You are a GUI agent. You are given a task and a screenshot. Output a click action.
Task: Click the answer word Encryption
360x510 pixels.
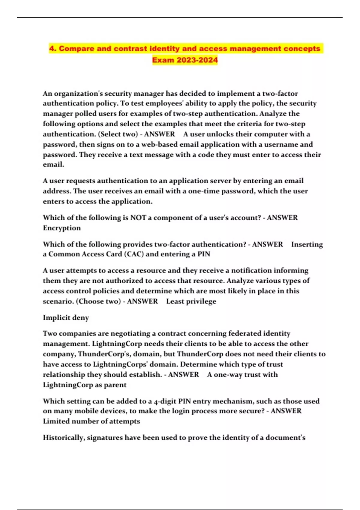(x=62, y=228)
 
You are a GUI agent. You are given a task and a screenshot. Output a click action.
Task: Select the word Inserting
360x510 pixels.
(x=307, y=244)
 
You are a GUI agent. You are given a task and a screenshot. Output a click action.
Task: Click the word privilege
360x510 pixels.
(x=201, y=301)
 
